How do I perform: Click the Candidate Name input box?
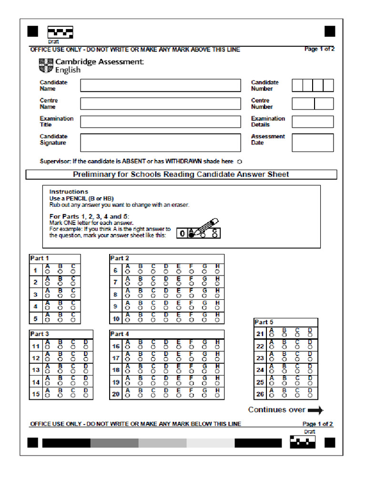coord(160,86)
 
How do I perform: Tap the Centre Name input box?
coord(160,104)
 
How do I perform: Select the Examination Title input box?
coord(160,122)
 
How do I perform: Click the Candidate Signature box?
coord(160,142)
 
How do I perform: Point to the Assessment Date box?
coord(313,142)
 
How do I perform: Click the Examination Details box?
coord(313,122)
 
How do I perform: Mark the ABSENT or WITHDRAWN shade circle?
coord(240,162)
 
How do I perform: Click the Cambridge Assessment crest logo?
coord(46,65)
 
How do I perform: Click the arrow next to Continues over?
coord(315,410)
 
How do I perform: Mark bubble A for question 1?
coord(47,273)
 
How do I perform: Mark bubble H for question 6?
coord(217,273)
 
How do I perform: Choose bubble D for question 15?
coord(86,396)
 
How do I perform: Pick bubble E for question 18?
coord(178,372)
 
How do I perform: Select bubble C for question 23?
coord(297,360)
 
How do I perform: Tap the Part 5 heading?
coord(264,322)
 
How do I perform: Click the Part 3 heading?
coord(40,334)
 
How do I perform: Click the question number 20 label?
coord(116,394)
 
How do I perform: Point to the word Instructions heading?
coord(69,192)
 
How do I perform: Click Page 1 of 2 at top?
coord(319,49)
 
